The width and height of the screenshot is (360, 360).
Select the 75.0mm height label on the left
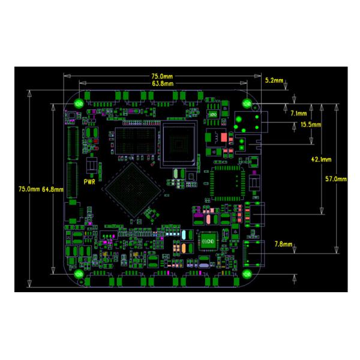(29, 188)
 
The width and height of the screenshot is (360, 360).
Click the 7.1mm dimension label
(298, 113)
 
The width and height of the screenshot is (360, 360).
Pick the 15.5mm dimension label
(310, 125)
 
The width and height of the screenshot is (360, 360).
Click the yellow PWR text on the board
(91, 181)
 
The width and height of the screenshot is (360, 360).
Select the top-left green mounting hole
(78, 103)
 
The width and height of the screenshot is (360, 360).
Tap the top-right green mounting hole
(247, 103)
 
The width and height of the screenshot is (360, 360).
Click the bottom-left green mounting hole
(79, 274)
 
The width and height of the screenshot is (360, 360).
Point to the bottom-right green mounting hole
(247, 274)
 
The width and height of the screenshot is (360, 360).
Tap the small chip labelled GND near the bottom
(208, 240)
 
